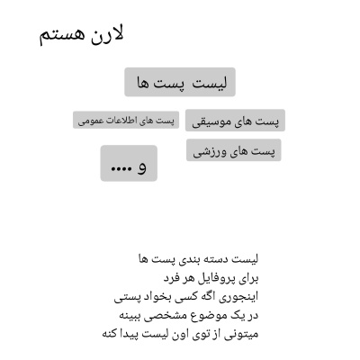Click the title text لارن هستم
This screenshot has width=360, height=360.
click(81, 36)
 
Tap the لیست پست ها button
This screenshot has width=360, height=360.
click(180, 82)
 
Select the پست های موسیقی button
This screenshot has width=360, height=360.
click(236, 121)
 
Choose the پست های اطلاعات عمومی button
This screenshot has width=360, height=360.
click(126, 121)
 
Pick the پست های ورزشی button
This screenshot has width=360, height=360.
click(234, 150)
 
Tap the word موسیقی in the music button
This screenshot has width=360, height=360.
click(213, 121)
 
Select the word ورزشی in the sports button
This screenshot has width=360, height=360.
click(212, 151)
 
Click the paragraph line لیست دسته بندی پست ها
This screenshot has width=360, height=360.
click(198, 259)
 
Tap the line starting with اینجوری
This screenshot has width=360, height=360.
click(186, 296)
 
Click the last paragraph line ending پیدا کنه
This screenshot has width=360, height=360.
click(180, 334)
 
